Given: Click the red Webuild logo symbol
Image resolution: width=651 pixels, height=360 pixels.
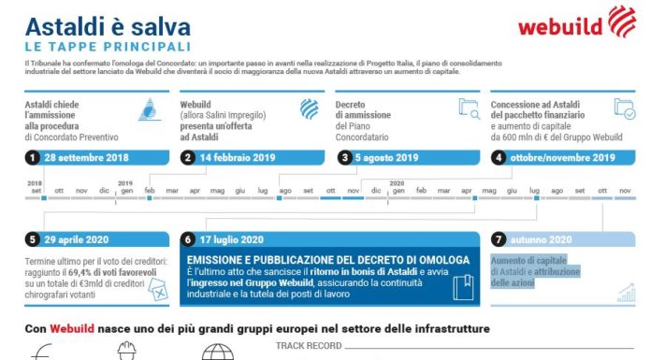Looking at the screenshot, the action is click(x=624, y=21).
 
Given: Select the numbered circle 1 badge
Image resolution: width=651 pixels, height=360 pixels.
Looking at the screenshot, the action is click(x=33, y=157).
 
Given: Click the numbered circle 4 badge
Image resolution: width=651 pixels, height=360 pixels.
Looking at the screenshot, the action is click(x=499, y=157).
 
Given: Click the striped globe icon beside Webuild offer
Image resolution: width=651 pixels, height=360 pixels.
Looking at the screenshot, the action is click(x=309, y=108).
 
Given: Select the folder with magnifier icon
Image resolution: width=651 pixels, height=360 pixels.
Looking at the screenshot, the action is click(x=469, y=108).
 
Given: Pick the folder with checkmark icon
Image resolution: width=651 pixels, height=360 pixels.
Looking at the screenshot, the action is click(x=624, y=108).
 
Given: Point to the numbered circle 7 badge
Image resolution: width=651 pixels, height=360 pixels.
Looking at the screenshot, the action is click(x=499, y=239).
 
